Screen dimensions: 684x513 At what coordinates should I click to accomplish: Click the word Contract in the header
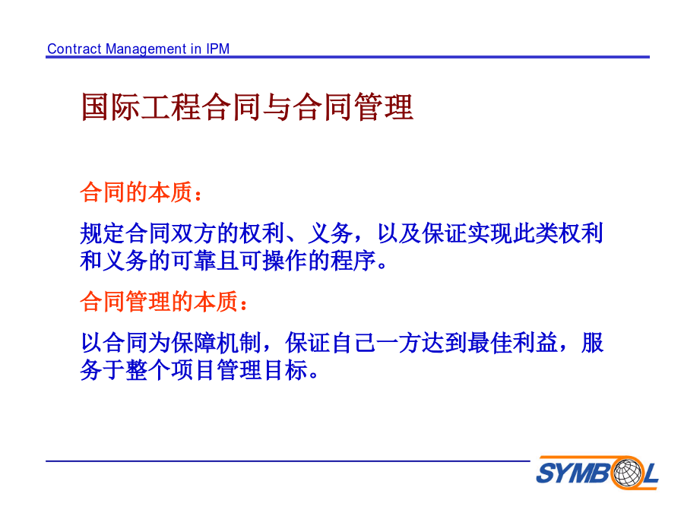pos(74,49)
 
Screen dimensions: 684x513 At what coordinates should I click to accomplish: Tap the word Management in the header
pos(147,49)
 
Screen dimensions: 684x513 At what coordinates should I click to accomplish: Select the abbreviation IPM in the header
pos(217,49)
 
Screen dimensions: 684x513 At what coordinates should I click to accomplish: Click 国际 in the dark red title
pos(110,107)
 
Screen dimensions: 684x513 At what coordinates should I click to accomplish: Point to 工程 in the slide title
pos(170,107)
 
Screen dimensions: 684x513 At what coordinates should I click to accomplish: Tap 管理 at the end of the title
pos(384,107)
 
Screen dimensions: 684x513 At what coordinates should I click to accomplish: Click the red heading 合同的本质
pos(137,192)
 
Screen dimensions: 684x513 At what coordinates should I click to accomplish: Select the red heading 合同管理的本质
pos(160,302)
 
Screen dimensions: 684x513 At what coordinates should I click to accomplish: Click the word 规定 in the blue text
pos(103,233)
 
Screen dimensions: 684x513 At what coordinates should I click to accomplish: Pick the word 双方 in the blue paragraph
pos(194,233)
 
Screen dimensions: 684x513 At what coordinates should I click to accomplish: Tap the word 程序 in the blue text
pos(353,261)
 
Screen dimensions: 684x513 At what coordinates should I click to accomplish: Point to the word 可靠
pos(194,261)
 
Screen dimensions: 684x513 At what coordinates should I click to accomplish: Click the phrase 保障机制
pos(217,343)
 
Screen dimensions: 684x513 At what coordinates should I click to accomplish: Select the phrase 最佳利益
pos(512,343)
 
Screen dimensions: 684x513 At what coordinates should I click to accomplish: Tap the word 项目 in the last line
pos(194,370)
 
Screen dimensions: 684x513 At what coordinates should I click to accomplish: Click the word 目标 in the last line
pos(285,370)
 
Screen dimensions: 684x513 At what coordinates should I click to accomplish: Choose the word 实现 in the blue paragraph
pos(490,233)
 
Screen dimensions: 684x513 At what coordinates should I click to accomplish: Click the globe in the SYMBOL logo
pos(628,473)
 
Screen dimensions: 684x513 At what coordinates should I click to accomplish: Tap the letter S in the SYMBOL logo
pos(546,473)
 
